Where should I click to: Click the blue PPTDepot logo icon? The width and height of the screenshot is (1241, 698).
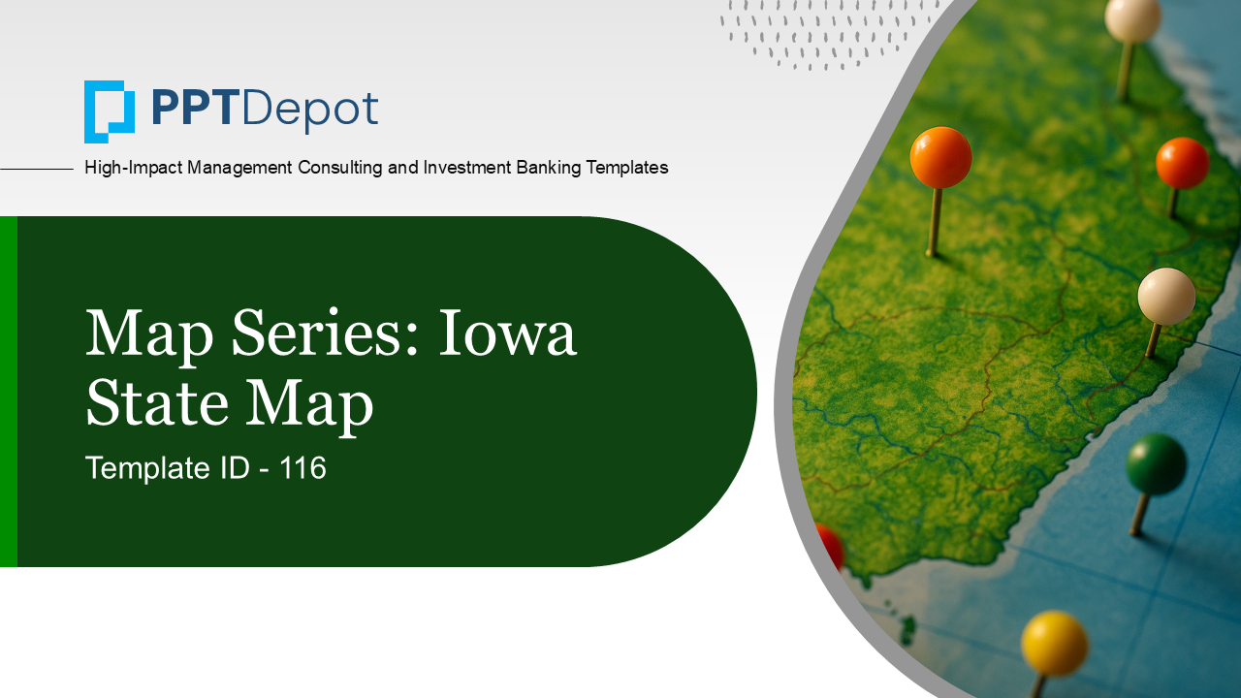tap(109, 111)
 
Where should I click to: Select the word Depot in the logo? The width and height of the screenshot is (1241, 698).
tap(309, 111)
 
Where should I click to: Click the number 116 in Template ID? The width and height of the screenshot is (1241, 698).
tap(303, 468)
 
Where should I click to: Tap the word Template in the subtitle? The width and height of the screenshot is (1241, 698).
tap(145, 468)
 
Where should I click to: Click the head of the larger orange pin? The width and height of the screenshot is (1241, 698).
tap(940, 157)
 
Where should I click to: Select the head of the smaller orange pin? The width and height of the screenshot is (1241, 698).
tap(1182, 163)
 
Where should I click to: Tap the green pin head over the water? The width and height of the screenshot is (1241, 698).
tap(1156, 463)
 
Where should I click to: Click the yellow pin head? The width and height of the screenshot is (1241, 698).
tap(1054, 643)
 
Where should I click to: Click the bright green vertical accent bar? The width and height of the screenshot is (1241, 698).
tap(8, 392)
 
